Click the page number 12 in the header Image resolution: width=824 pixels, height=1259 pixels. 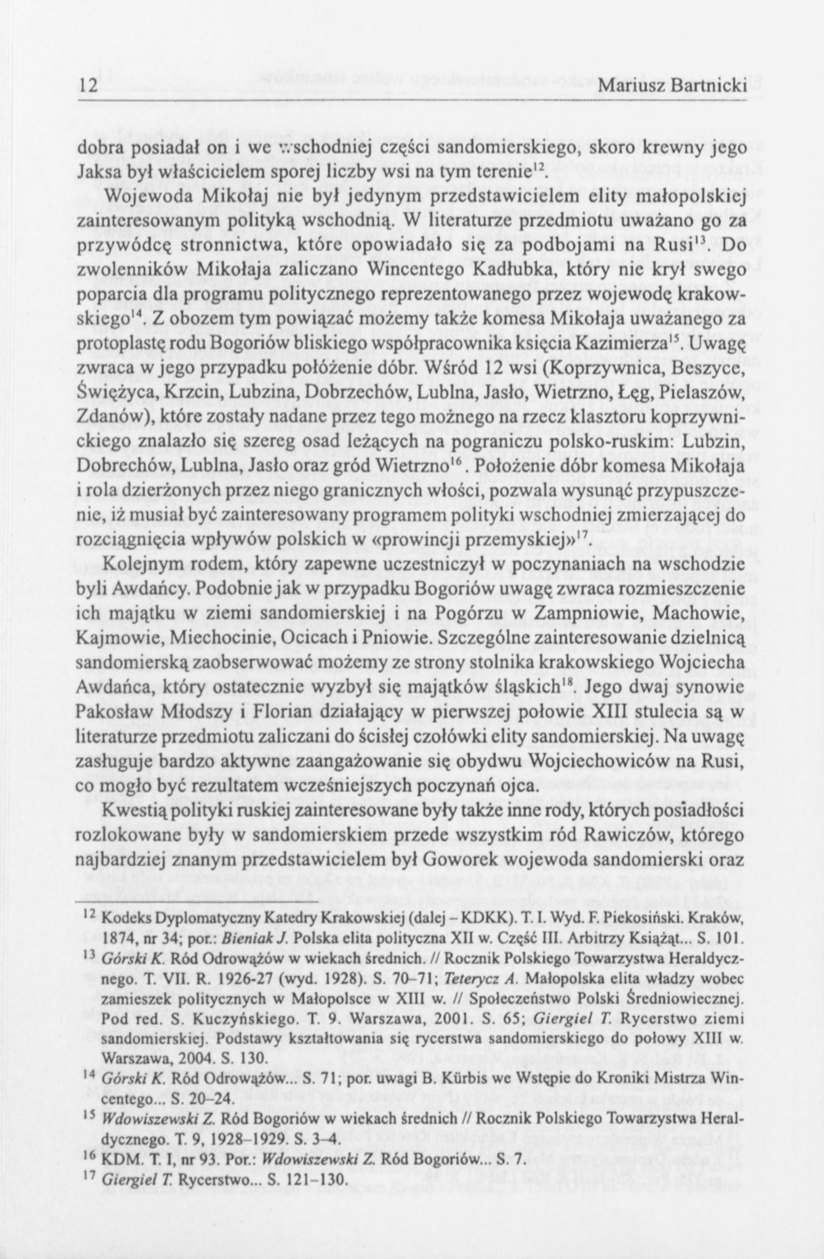click(88, 86)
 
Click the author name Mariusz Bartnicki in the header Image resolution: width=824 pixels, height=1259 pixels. click(672, 86)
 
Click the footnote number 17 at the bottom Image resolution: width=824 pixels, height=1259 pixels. click(91, 1179)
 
